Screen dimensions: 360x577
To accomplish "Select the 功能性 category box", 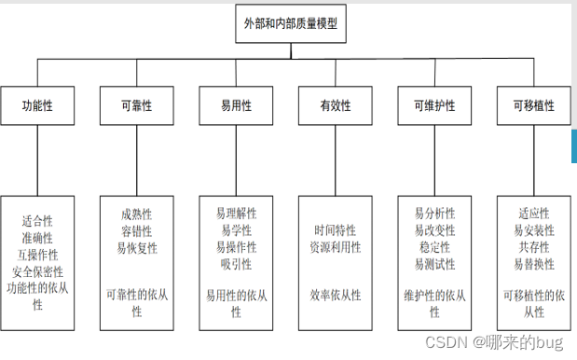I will [37, 106].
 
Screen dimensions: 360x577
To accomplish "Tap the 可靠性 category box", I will [136, 106].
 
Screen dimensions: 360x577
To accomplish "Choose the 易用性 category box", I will [236, 106].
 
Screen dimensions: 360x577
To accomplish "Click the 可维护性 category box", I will [435, 106].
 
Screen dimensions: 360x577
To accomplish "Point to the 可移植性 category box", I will [533, 106].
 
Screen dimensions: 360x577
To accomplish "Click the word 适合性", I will [37, 222].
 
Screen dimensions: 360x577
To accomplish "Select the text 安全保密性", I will [37, 272].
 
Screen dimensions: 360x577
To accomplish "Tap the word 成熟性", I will [137, 215].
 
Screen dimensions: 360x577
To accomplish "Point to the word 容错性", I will [137, 231].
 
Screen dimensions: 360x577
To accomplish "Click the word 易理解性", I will [237, 214].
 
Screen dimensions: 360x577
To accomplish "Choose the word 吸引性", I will [237, 264].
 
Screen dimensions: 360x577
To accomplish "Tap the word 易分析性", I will [435, 214].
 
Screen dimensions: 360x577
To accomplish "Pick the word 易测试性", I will [435, 264].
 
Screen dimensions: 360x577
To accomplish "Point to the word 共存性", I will [534, 247].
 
